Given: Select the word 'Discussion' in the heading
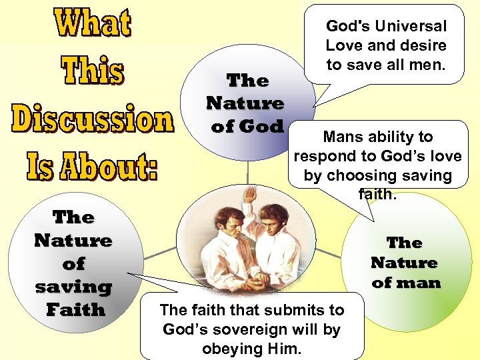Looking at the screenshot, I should click(93, 120).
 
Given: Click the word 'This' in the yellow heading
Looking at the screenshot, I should click(93, 71).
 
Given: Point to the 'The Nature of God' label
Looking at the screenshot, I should click(246, 103).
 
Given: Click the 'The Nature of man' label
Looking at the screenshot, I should click(405, 263).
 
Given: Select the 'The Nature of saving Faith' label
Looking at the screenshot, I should click(73, 263).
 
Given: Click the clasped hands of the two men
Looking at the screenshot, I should click(253, 281).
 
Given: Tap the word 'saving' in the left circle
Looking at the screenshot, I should click(73, 287).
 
